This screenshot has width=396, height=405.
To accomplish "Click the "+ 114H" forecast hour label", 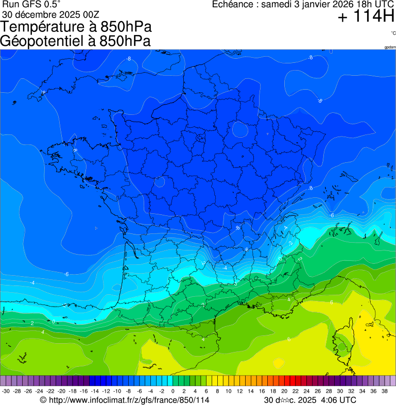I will click(366, 17).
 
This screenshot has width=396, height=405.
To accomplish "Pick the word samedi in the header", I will click(277, 5).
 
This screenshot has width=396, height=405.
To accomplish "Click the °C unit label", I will click(393, 33).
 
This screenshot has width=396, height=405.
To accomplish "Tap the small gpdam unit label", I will click(390, 47).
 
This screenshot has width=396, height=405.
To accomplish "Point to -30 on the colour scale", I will click(6, 392).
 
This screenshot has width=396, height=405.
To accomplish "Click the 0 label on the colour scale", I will click(173, 392).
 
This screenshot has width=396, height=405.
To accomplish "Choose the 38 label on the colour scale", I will click(384, 392).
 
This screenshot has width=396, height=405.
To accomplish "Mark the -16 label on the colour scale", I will click(84, 392).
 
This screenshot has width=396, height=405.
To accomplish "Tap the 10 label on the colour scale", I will click(228, 392).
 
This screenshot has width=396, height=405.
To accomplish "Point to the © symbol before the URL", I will click(43, 400).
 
